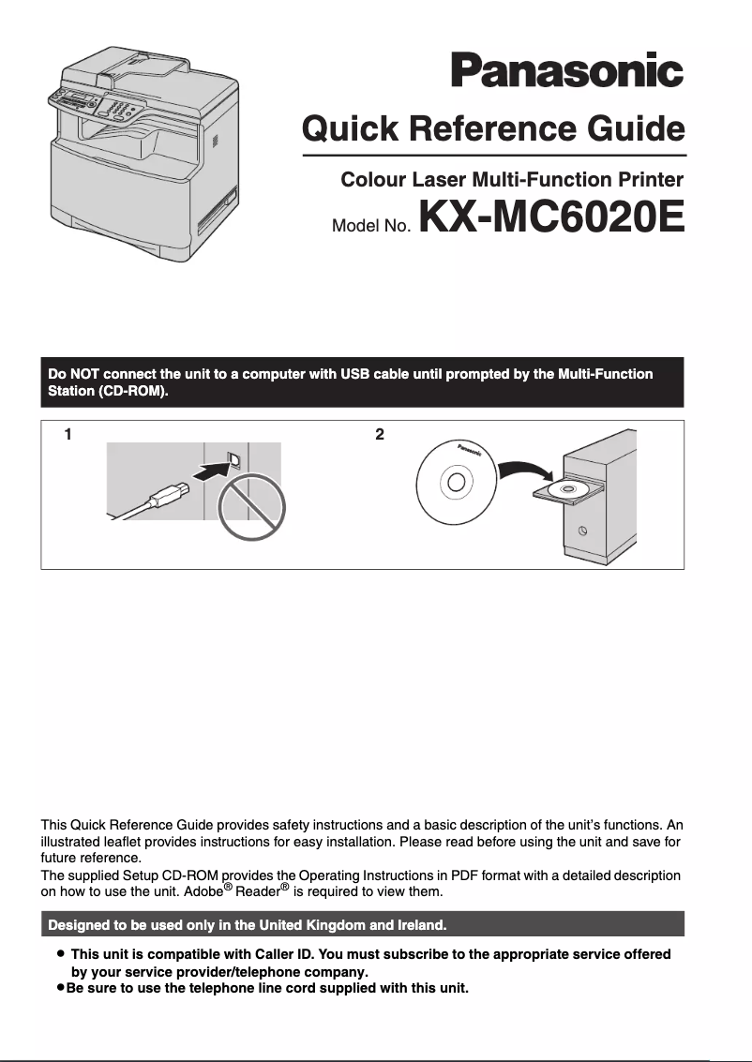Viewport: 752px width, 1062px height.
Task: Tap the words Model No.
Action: (x=372, y=226)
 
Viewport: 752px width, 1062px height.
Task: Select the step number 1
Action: (x=68, y=434)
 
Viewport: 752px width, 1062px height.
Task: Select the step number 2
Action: (x=379, y=434)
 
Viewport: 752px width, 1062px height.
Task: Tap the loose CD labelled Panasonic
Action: (x=456, y=482)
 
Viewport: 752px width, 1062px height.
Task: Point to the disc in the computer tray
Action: (x=567, y=488)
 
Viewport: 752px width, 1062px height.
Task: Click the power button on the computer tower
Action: (x=582, y=531)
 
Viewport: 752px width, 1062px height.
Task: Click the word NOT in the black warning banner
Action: (x=84, y=374)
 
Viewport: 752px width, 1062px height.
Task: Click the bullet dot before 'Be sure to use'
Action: (x=60, y=988)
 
